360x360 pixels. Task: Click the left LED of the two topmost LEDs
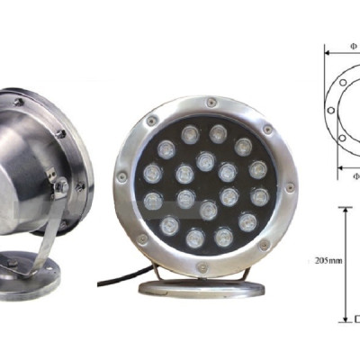(191, 135)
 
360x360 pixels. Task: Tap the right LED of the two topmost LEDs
(218, 134)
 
